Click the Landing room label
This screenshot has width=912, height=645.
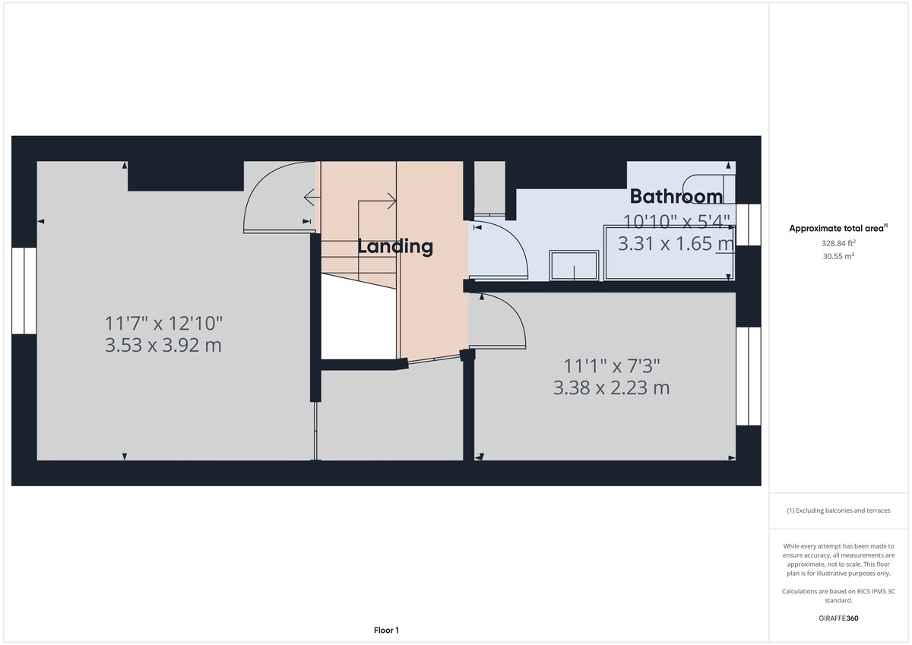point(395,246)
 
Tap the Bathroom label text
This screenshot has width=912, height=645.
point(676,197)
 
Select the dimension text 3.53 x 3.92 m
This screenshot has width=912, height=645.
point(163,346)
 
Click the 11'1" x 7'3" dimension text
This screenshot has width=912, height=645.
point(611,365)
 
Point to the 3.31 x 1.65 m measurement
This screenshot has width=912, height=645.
point(676,244)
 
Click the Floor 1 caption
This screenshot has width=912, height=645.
point(386,630)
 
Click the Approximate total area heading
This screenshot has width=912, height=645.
point(839,228)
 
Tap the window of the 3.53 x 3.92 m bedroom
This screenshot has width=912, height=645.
point(24,290)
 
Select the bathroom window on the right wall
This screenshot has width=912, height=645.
point(749,225)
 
